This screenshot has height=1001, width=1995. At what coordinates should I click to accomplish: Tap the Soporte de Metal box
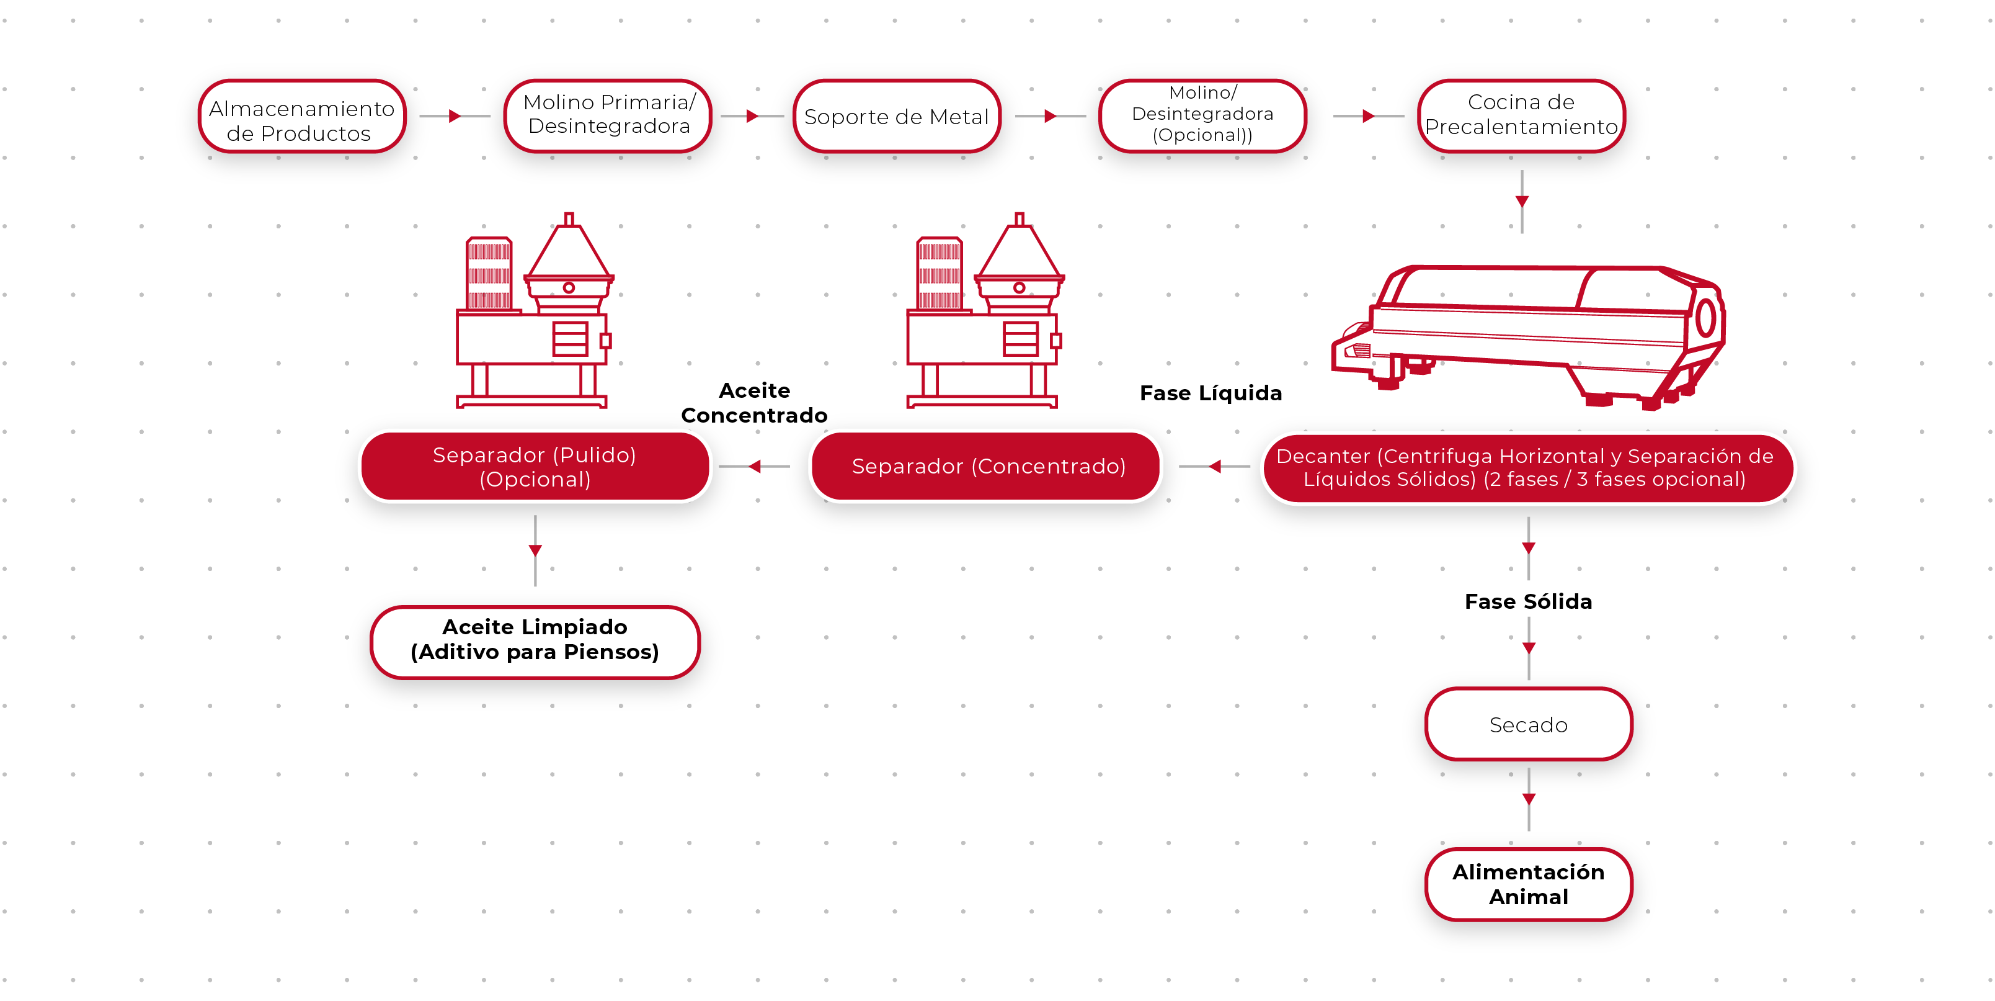[x=897, y=116]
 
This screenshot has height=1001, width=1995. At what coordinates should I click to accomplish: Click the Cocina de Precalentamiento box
[x=1521, y=115]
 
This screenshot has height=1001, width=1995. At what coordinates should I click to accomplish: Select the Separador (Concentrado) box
[x=987, y=467]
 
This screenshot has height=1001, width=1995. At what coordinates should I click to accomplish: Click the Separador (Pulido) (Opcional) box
[x=535, y=467]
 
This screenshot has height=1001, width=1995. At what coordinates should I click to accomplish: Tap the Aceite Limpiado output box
[x=535, y=640]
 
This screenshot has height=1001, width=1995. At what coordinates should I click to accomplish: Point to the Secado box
[x=1528, y=724]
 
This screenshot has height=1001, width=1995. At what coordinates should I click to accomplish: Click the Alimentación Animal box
[x=1528, y=884]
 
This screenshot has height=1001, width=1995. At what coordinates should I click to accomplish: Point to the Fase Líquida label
[x=1211, y=393]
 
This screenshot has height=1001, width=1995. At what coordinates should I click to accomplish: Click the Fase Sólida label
[x=1528, y=602]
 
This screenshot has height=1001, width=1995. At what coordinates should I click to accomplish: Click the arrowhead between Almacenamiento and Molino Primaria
[x=455, y=116]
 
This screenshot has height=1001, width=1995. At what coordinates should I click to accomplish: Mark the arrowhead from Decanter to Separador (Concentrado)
[x=1215, y=467]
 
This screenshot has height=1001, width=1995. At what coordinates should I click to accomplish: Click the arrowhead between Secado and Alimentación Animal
[x=1528, y=799]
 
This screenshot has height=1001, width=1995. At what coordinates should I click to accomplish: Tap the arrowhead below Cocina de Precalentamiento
[x=1522, y=202]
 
